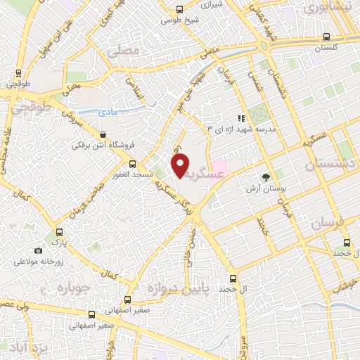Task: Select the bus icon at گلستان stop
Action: (x=326, y=37)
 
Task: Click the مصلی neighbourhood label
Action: (x=124, y=51)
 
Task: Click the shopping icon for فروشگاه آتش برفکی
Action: (x=104, y=134)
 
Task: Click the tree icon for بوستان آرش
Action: (x=265, y=178)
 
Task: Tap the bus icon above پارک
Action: (x=59, y=232)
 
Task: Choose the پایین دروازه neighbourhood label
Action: (x=172, y=289)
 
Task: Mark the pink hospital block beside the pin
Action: (x=219, y=169)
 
